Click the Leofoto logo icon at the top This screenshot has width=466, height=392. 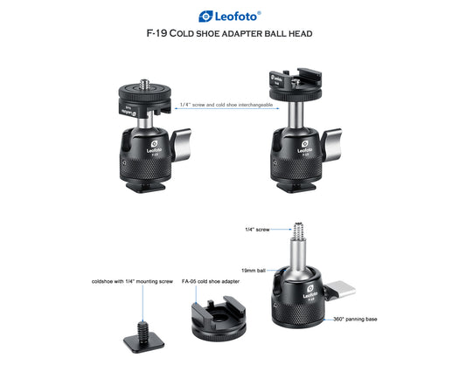coord(205,17)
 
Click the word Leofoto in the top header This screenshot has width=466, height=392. coord(236,17)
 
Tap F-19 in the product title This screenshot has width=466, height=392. coord(156,33)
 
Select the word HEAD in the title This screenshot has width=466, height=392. coord(300,33)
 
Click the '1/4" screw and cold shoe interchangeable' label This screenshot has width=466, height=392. coord(226,105)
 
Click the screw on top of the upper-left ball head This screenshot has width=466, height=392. coord(145,84)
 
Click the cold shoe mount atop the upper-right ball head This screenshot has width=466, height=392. coord(296,82)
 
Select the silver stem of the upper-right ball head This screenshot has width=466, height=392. coord(296,114)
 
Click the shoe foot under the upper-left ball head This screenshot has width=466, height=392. coord(145,188)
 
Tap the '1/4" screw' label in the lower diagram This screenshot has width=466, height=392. coord(257,230)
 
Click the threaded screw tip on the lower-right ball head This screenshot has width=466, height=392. coord(298,231)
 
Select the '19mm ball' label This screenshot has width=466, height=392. coord(254,271)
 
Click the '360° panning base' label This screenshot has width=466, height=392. coord(355,319)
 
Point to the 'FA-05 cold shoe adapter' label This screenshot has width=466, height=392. coord(211,281)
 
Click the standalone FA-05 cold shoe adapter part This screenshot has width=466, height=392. coord(219,318)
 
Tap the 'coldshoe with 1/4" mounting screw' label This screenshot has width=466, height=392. coord(132,281)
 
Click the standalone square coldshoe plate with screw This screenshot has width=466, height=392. coord(144,338)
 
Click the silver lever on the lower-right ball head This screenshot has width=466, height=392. coord(340,290)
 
